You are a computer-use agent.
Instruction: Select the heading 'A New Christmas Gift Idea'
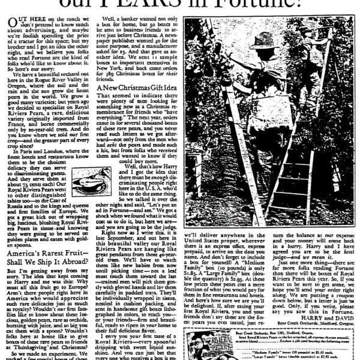(x=132, y=88)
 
